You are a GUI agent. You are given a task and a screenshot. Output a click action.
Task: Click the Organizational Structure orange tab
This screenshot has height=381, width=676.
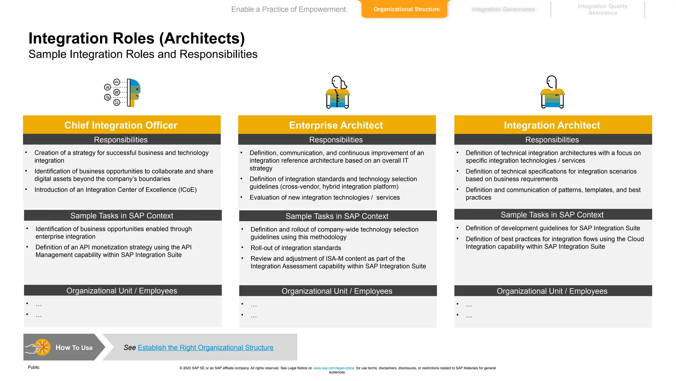406,9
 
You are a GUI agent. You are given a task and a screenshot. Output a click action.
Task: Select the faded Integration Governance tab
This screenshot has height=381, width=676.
503,9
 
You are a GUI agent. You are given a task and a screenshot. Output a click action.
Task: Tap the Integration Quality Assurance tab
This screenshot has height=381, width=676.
602,10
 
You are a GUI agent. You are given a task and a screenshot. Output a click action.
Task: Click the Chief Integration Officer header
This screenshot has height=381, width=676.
121,125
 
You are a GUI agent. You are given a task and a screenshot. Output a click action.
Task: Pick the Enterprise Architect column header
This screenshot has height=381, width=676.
336,125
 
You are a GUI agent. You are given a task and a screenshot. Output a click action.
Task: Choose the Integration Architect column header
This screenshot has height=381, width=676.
552,125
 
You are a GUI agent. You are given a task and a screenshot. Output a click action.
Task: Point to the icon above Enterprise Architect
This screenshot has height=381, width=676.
337,92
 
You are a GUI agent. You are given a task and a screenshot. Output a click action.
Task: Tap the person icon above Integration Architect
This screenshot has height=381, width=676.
553,92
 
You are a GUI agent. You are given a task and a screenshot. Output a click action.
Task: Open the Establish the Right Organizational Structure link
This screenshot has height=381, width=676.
205,348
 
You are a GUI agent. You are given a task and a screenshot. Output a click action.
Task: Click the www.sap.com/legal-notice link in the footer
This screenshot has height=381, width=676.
333,368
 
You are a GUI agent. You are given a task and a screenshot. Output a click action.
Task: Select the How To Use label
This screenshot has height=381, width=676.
74,348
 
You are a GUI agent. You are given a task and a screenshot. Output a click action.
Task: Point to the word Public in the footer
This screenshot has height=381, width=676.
34,367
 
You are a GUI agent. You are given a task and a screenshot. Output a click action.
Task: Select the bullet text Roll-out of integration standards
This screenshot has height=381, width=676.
296,248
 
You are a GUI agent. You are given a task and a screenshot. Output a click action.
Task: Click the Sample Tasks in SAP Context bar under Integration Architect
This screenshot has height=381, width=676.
552,215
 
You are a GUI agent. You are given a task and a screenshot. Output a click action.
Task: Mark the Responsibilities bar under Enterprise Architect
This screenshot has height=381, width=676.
336,140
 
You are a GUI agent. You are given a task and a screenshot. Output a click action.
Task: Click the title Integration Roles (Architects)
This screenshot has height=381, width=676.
137,38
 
